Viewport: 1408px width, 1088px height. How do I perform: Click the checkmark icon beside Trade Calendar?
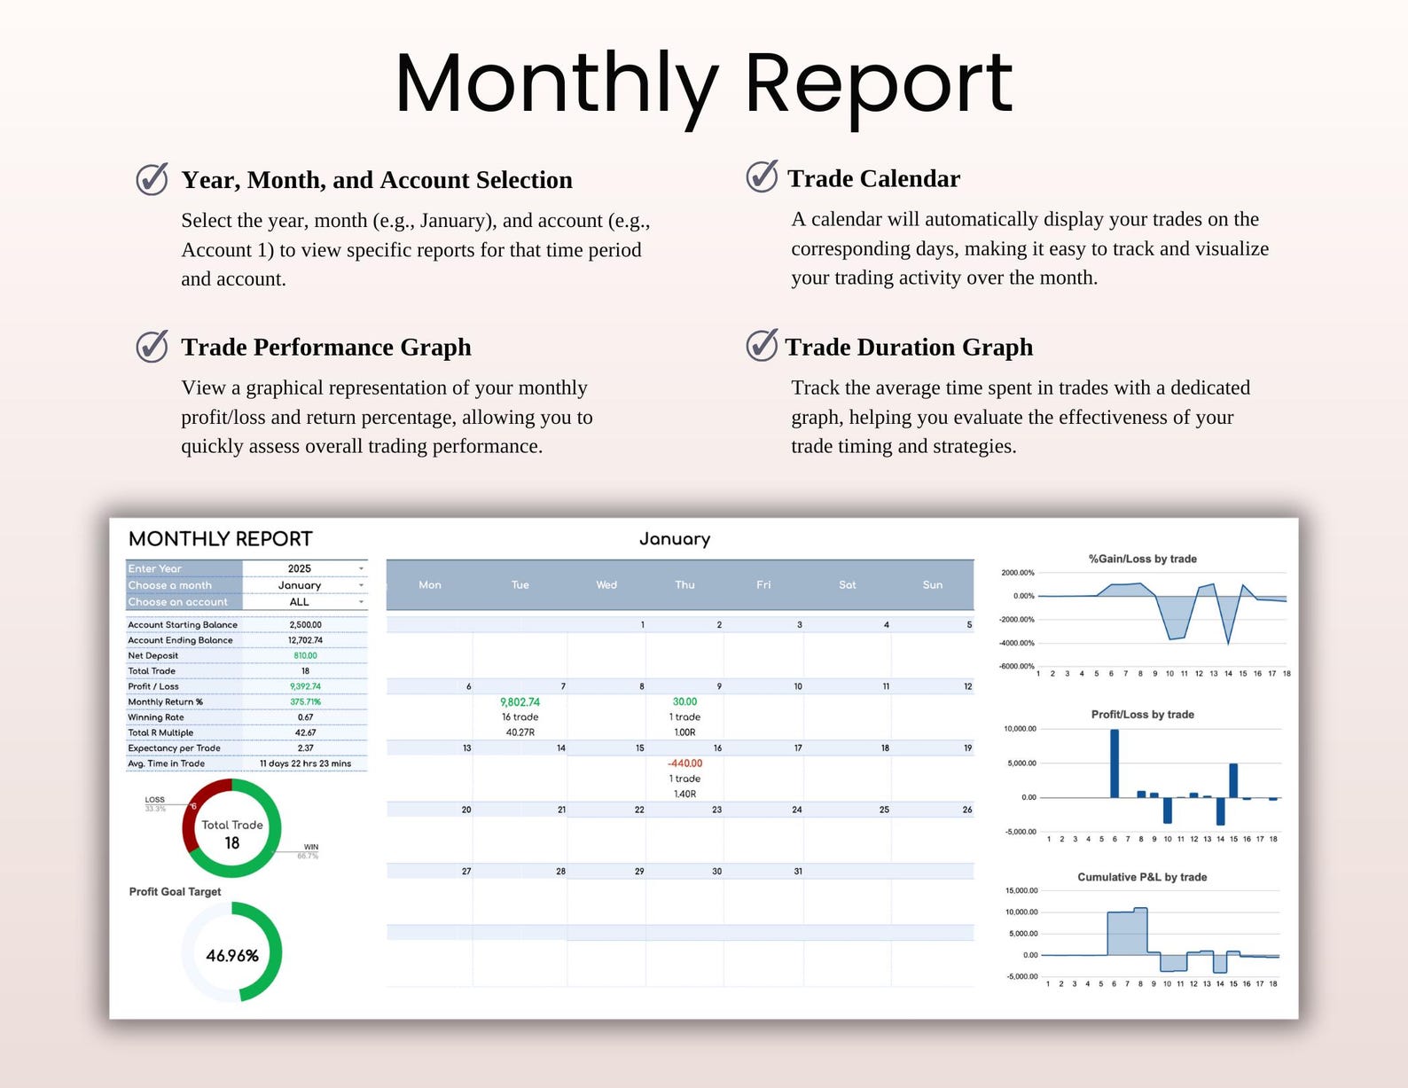click(762, 176)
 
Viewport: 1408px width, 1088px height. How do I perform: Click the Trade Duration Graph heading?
click(909, 347)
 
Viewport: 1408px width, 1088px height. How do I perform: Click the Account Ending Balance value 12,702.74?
click(305, 640)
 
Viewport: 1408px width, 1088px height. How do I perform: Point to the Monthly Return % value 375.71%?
click(305, 701)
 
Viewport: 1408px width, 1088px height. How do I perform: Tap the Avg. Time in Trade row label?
click(167, 763)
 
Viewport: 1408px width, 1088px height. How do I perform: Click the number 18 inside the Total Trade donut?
click(232, 843)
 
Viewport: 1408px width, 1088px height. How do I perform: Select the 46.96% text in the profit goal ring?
click(232, 956)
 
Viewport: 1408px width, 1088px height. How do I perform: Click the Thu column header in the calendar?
click(684, 585)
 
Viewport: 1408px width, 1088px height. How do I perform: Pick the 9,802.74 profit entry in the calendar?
click(520, 702)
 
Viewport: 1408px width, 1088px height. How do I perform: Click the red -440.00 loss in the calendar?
click(684, 763)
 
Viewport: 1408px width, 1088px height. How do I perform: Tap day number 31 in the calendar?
click(798, 872)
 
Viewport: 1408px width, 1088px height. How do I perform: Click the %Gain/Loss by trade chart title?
click(1142, 559)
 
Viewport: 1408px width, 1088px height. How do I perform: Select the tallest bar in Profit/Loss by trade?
click(1115, 763)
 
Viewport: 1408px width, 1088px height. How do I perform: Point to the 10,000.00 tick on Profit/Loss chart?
click(1020, 729)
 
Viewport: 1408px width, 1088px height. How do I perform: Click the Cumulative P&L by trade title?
click(1142, 877)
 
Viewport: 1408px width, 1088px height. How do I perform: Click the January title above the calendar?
click(675, 539)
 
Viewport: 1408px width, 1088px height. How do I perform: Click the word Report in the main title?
click(878, 84)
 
